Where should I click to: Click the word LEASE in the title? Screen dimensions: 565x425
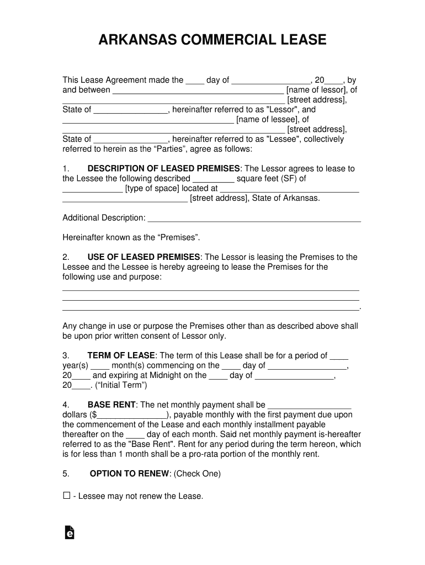coord(302,40)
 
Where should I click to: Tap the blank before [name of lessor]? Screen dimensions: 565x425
coord(198,90)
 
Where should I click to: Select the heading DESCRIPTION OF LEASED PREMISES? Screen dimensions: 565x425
coord(164,169)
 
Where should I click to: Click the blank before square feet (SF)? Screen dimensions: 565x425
coord(212,179)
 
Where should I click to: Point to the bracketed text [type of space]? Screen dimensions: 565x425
coord(152,189)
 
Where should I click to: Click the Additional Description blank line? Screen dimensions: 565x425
coord(254,218)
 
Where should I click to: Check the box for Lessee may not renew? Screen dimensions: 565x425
coord(67,496)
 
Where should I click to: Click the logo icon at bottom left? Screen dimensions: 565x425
coord(70,532)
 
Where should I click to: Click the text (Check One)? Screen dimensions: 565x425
coord(197,474)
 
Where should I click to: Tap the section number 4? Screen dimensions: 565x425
coord(66,405)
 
